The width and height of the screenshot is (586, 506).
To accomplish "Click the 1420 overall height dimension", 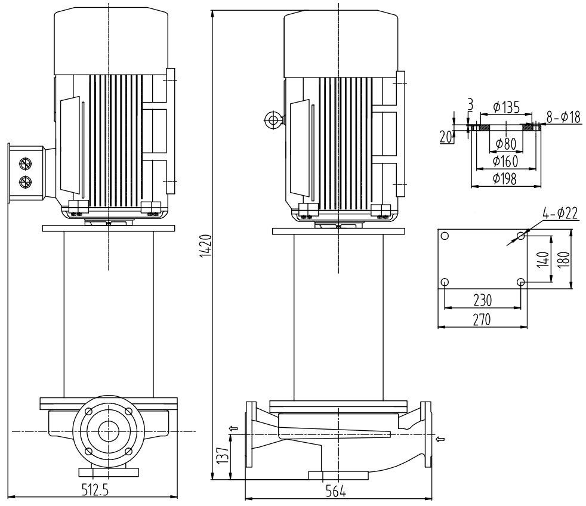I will coord(205,245).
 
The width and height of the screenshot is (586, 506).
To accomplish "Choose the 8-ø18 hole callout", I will coord(563,118).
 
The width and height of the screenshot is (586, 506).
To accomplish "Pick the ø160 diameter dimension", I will coord(505,161).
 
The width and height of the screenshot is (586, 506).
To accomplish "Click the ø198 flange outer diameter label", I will coord(505,179).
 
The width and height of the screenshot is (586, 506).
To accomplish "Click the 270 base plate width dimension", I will coord(482,319).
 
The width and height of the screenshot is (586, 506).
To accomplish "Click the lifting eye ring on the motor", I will coord(273,121).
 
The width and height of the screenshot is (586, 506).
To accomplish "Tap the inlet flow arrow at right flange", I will coord(440,440).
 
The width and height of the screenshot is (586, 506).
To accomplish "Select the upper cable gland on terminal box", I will coord(26,163).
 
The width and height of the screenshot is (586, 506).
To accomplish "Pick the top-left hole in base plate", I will coord(445,236).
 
